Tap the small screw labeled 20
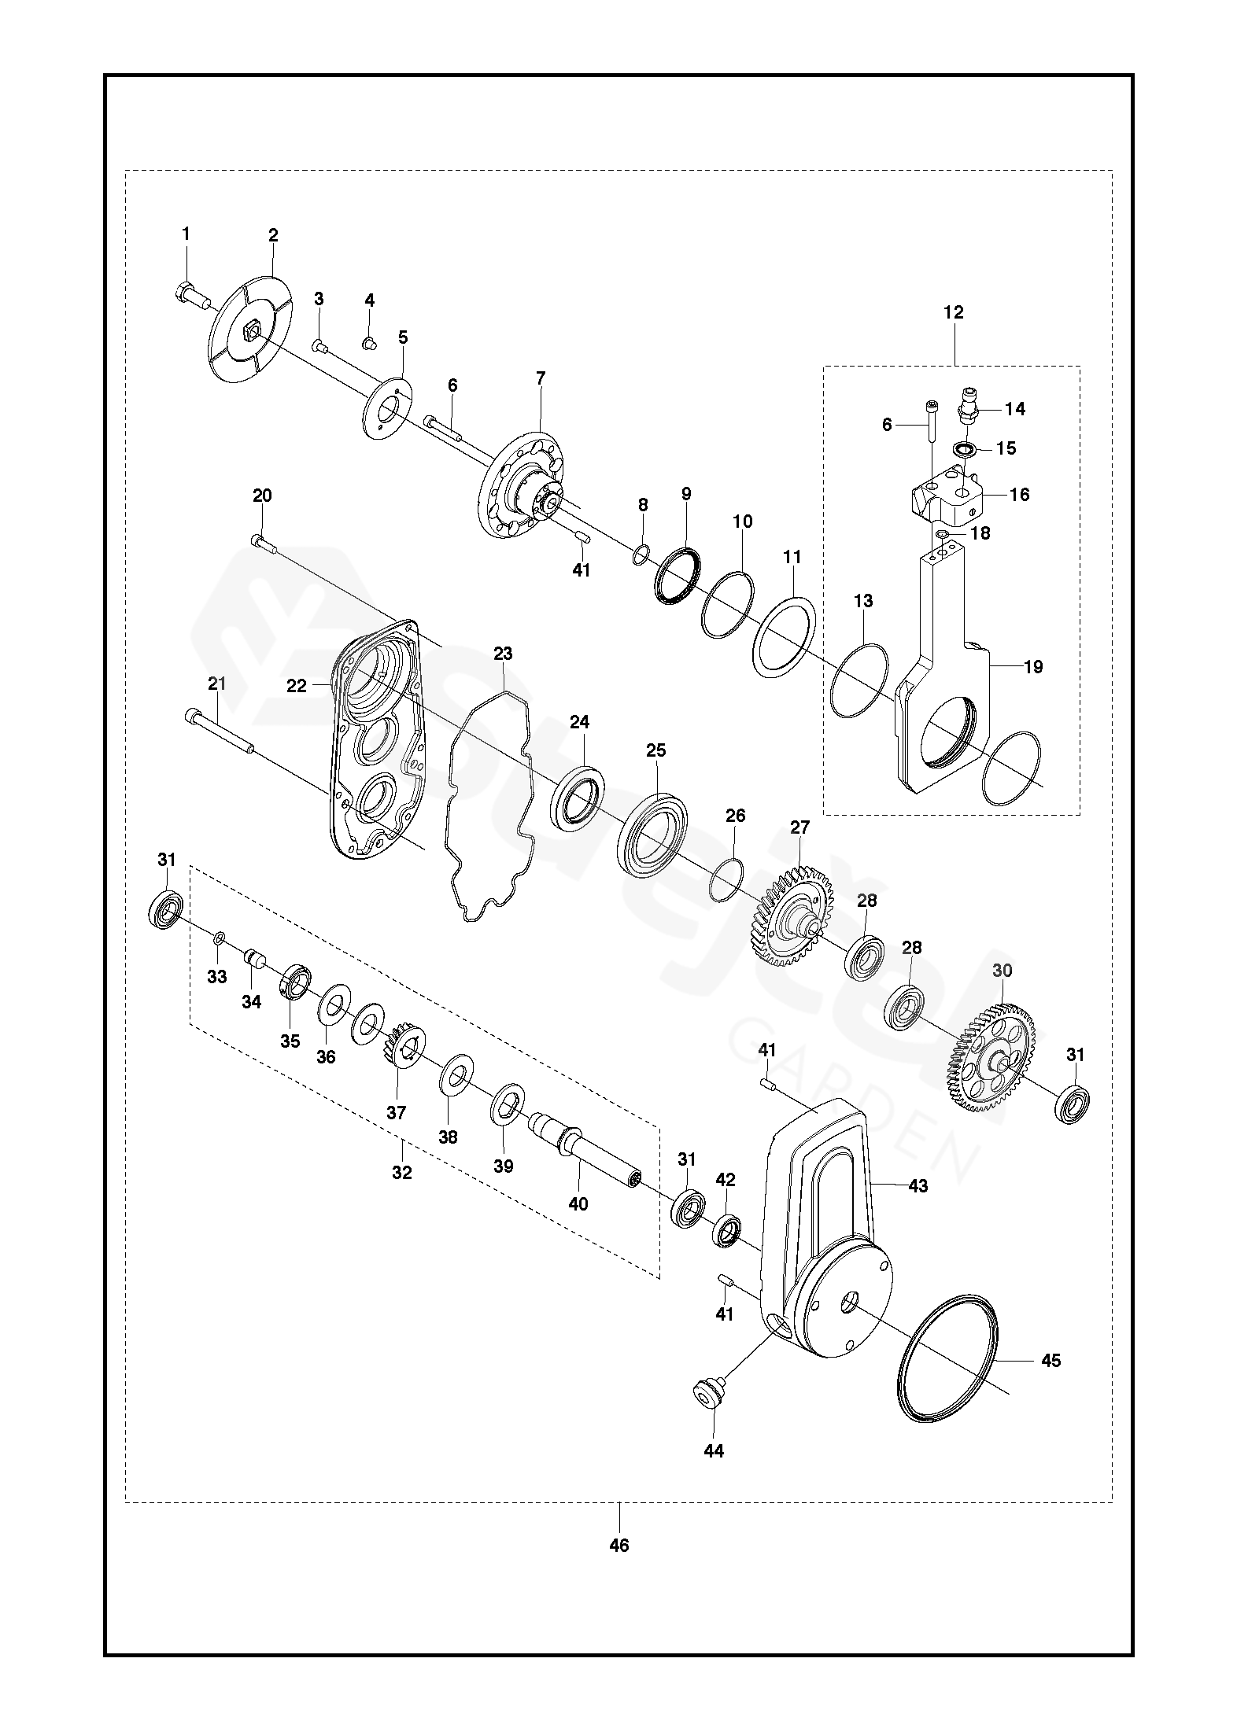262,541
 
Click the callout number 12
953,312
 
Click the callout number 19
1033,667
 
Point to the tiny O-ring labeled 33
220,937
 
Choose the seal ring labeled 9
677,577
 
